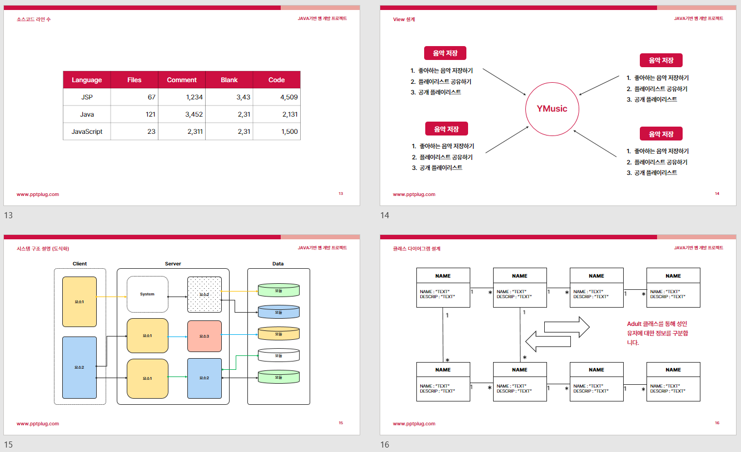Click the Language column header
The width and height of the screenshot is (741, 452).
click(x=87, y=80)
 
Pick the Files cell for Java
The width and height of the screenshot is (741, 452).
click(x=134, y=114)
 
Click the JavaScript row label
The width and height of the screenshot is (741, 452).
click(x=87, y=132)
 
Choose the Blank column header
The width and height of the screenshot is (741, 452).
click(x=229, y=80)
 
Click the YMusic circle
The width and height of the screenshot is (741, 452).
click(x=552, y=109)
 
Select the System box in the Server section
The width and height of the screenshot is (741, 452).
click(x=147, y=294)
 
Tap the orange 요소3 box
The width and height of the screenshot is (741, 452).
click(x=204, y=336)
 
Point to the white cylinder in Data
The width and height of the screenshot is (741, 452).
click(x=279, y=355)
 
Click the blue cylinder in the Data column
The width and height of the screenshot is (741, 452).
click(x=279, y=312)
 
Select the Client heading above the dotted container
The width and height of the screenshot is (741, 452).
click(x=79, y=264)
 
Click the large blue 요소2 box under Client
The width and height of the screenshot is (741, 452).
click(x=79, y=367)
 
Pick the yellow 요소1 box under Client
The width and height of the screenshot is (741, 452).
click(x=79, y=302)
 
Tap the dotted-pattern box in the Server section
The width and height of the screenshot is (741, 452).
click(x=204, y=294)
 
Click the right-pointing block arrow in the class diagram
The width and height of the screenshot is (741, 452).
click(x=566, y=327)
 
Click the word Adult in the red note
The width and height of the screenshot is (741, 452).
click(x=634, y=324)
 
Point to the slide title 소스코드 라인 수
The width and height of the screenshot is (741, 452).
click(x=34, y=19)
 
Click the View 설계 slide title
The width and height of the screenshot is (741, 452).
click(x=404, y=19)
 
